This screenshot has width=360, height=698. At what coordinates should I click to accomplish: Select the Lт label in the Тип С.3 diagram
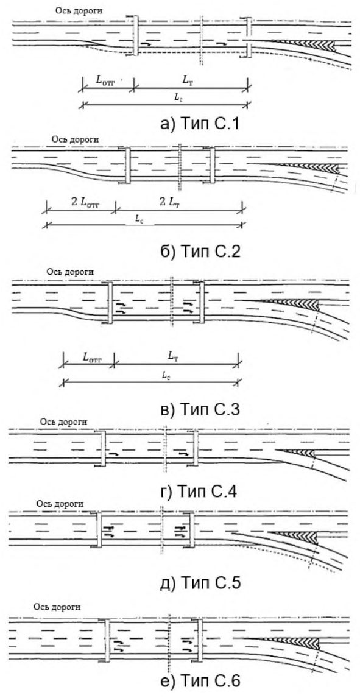coord(176,356)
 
